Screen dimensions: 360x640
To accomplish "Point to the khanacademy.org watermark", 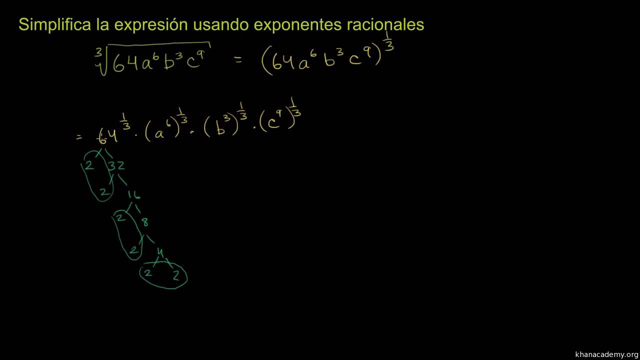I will pos(606,354).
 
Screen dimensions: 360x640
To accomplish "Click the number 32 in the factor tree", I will pos(116,165).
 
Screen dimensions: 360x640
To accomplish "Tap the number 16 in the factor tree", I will pos(133,194).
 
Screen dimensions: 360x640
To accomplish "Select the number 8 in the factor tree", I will pos(145,222).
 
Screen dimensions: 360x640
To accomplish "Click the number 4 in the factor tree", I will pos(160,251).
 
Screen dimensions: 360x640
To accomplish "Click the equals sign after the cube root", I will pos(237,60).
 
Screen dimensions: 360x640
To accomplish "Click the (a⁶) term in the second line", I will pos(160,132).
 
